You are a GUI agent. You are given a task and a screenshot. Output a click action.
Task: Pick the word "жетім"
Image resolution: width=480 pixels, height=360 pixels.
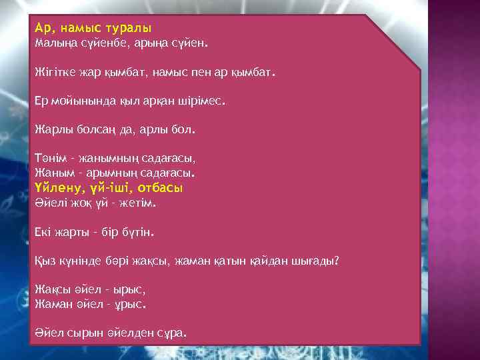pyautogui.click(x=136, y=202)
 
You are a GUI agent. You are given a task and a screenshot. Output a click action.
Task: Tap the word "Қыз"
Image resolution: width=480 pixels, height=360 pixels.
pyautogui.click(x=44, y=261)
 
